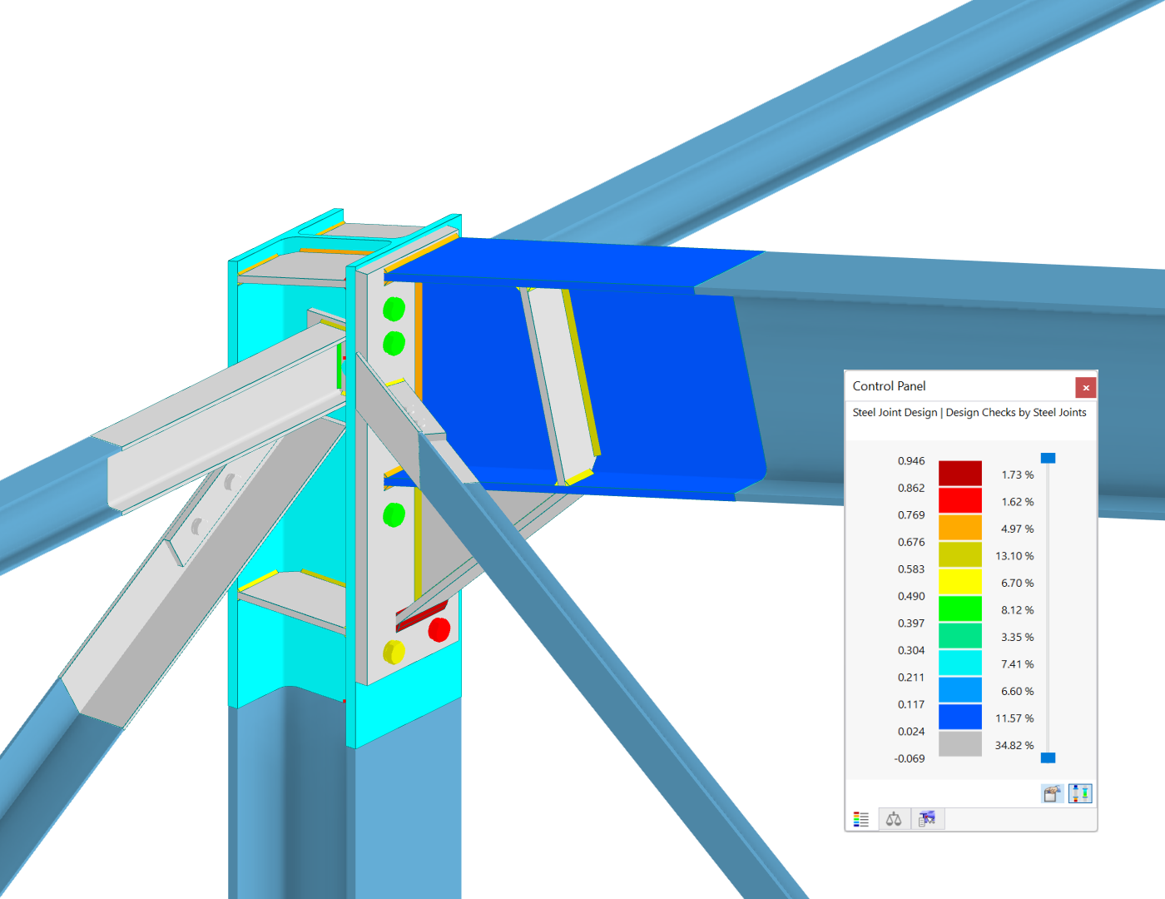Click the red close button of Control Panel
pos(1085,387)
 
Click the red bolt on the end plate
pos(439,629)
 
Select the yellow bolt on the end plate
pos(394,652)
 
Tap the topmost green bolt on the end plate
pos(394,309)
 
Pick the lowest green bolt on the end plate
pos(394,514)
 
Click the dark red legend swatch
pos(959,473)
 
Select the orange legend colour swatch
pos(959,528)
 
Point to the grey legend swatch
pos(959,743)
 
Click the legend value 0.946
pos(911,461)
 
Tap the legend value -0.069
pos(910,758)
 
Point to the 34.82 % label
pos(1014,745)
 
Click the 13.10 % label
pos(1014,556)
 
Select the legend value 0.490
pos(911,596)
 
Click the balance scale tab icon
pos(894,819)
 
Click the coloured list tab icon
pos(861,819)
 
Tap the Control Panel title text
pos(889,386)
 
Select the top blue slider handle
pos(1048,458)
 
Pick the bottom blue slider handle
pos(1048,757)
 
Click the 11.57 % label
pos(1014,718)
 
